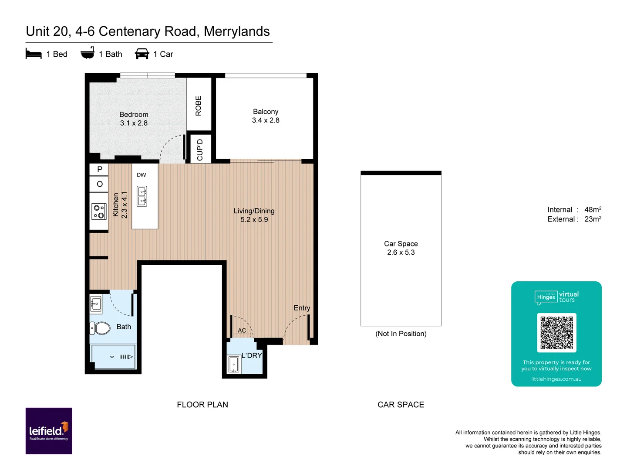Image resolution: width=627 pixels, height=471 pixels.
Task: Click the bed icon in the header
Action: coord(34,54)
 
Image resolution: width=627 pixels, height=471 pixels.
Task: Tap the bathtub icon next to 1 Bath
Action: coord(88,53)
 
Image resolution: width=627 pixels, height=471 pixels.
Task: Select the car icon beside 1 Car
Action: coord(142,54)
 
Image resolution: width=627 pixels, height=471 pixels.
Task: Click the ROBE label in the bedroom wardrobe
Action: coord(199,106)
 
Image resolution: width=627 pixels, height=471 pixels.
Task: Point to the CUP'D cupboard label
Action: coord(200,150)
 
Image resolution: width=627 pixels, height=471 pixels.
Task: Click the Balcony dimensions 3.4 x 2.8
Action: coord(266,120)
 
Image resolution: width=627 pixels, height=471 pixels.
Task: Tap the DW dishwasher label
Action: coord(142,175)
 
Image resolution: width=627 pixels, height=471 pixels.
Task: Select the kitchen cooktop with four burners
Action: coord(99,212)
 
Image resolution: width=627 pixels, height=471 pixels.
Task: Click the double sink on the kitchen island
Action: coord(142,196)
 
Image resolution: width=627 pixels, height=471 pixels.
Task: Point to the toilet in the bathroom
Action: coord(101,328)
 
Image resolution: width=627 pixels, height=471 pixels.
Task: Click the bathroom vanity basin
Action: coord(96,304)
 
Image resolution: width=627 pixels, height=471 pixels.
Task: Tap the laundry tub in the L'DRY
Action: coord(234,365)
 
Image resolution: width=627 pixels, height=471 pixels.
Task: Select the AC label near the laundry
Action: coord(242,331)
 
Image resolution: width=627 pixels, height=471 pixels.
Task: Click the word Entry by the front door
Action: coord(302,308)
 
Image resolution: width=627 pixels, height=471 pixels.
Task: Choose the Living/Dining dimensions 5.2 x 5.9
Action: coord(254,220)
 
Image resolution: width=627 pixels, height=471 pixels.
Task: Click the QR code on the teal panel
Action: coord(556,332)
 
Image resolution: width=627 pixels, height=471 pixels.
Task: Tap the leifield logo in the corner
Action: coord(49,431)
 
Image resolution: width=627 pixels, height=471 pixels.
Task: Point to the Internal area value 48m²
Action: coord(593,210)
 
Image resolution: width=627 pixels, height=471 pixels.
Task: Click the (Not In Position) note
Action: coord(401,334)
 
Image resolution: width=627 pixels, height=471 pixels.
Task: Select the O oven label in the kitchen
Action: coord(100,184)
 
